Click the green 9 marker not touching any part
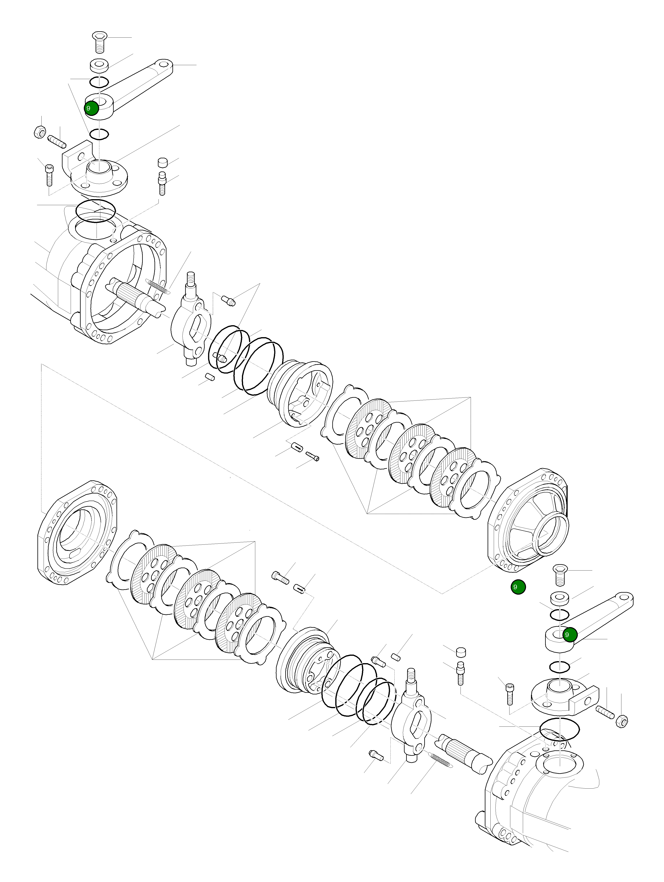point(518,587)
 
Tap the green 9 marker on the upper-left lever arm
point(91,108)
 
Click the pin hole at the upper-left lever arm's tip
point(164,64)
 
